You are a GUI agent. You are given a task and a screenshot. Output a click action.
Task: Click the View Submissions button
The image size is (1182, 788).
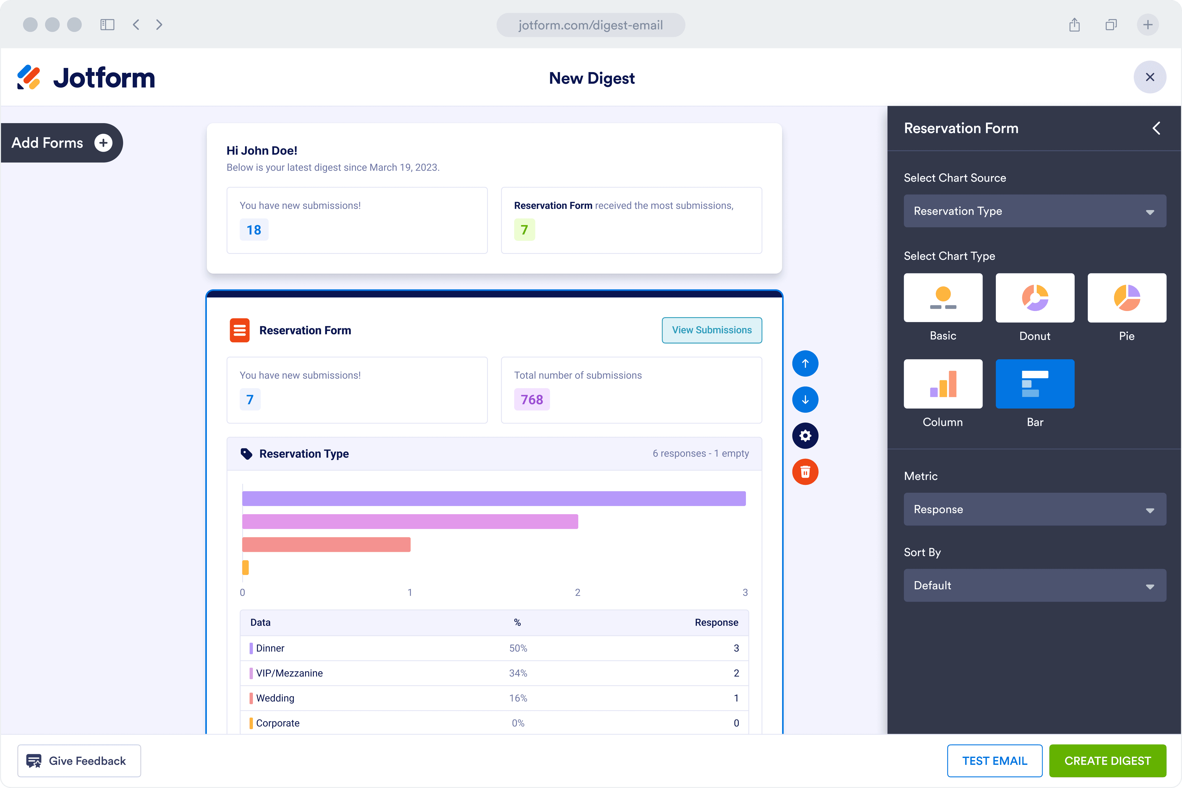(712, 330)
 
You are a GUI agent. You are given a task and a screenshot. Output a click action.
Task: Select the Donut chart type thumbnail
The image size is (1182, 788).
(1035, 297)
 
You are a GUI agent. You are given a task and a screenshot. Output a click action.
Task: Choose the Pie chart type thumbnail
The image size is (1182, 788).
(1127, 297)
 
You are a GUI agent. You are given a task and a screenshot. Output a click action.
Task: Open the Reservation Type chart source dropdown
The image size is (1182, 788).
(1035, 211)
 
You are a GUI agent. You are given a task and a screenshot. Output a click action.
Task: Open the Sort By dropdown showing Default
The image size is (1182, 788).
(1035, 586)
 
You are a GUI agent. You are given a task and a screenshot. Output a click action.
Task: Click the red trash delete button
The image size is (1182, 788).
(805, 472)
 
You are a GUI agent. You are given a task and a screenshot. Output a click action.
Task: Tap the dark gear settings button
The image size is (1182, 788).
(805, 436)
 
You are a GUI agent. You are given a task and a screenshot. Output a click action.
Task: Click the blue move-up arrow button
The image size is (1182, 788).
(805, 363)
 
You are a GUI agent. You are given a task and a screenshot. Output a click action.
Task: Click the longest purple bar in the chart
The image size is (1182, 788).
(494, 498)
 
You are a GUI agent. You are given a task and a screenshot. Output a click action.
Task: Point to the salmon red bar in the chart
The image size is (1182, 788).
(326, 544)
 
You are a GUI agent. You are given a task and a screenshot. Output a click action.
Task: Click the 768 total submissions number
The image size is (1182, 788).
(532, 399)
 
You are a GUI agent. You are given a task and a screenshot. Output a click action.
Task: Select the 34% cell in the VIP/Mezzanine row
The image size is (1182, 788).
(518, 673)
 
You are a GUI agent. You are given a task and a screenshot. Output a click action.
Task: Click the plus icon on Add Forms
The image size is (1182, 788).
(103, 143)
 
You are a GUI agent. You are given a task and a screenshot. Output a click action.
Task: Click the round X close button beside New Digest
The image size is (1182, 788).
(1150, 77)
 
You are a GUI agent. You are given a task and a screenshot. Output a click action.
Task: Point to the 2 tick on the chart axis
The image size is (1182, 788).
(577, 592)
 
